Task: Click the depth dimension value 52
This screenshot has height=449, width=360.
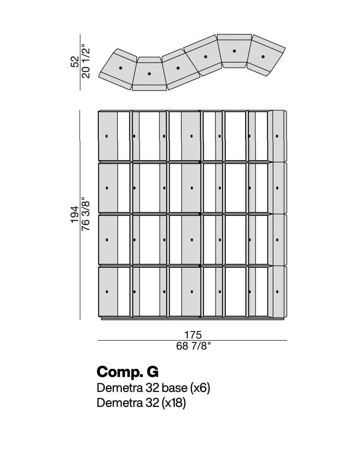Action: (74, 61)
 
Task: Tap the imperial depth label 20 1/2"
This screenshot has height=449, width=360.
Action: (86, 61)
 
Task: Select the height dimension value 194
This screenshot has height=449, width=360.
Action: (74, 214)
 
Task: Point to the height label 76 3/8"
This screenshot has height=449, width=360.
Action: (86, 214)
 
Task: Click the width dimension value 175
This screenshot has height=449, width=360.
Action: (193, 335)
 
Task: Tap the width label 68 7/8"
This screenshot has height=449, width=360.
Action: (193, 346)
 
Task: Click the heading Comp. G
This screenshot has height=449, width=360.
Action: (127, 372)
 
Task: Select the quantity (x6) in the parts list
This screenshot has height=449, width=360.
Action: (200, 388)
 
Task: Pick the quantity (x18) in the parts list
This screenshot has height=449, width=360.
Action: (174, 403)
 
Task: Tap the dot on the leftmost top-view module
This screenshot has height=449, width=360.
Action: (121, 68)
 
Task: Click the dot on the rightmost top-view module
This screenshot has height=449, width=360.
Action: (263, 57)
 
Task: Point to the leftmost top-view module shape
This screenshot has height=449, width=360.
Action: (118, 69)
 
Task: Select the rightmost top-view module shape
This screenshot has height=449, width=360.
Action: (266, 55)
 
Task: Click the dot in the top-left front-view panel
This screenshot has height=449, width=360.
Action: (106, 136)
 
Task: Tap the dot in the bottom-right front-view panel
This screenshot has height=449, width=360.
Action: (277, 292)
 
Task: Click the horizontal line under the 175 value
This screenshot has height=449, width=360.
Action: (193, 341)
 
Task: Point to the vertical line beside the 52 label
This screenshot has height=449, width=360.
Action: (80, 62)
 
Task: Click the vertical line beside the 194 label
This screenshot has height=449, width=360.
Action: (80, 215)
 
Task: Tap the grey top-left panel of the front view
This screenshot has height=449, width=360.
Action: (108, 136)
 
